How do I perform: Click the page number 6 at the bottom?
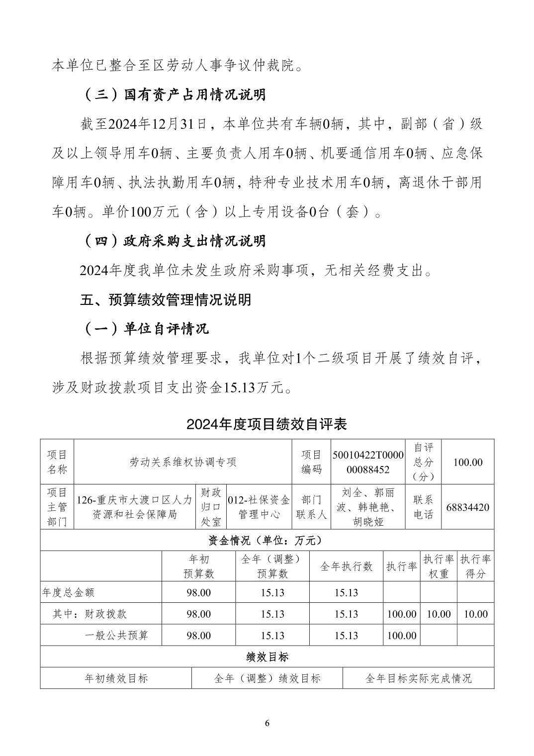click(x=267, y=723)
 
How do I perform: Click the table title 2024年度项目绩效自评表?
click(x=267, y=424)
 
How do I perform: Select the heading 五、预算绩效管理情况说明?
click(x=166, y=300)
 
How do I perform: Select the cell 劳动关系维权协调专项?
click(x=183, y=462)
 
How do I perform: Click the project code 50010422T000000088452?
click(x=368, y=462)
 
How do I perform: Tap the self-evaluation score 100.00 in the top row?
click(x=467, y=462)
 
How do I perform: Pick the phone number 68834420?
click(x=467, y=507)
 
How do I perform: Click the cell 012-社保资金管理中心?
click(x=259, y=507)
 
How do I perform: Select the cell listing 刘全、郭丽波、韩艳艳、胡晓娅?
click(x=368, y=507)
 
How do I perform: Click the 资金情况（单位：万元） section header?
click(x=267, y=540)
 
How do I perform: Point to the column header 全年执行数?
click(x=346, y=567)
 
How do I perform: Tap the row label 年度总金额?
click(x=69, y=593)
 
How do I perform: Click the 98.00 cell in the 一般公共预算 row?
click(x=198, y=636)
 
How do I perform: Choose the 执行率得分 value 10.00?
click(x=475, y=614)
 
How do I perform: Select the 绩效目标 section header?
click(x=267, y=657)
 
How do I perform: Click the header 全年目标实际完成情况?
click(x=418, y=678)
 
